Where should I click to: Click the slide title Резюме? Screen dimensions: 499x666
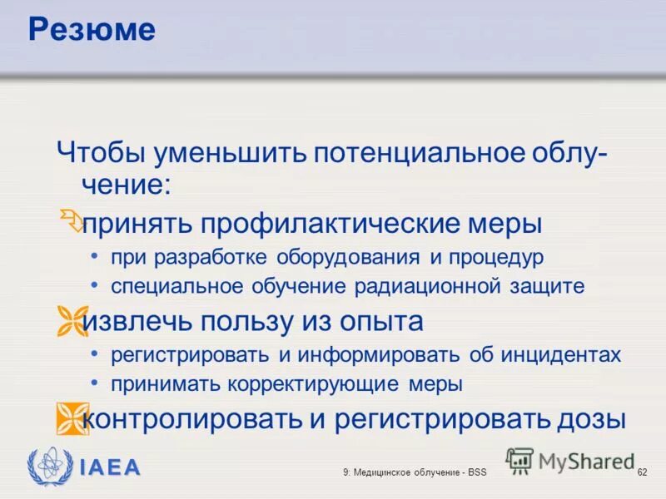[x=92, y=30]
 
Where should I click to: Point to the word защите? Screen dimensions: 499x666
[x=546, y=287]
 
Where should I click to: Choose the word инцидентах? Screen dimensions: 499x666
[x=561, y=355]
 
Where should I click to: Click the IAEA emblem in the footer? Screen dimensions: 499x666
[x=44, y=467]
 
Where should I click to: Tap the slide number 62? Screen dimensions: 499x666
[x=642, y=472]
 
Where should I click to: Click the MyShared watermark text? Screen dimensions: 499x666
[x=586, y=460]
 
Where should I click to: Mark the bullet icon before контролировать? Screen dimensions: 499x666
[x=72, y=417]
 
